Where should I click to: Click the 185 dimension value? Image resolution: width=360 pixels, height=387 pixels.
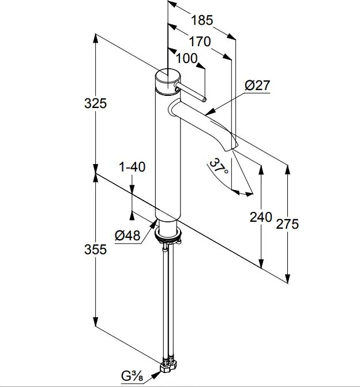click(202, 20)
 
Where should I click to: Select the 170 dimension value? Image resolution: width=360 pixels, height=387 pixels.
click(200, 42)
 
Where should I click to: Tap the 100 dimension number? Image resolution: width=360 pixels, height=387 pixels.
click(187, 58)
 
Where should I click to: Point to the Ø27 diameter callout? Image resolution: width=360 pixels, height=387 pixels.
click(257, 85)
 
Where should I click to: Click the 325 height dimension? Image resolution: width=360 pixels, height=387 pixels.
click(95, 103)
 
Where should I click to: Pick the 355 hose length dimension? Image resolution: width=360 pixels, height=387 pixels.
click(95, 250)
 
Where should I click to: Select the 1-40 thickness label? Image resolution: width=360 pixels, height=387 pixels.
click(133, 167)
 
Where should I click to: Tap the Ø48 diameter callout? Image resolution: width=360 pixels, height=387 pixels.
click(127, 235)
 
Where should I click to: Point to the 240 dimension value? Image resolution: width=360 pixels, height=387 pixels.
click(261, 217)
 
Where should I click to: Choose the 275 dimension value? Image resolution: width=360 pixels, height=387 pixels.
click(287, 224)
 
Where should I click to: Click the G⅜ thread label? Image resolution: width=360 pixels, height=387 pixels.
click(132, 377)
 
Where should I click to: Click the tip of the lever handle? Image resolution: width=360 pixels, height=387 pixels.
click(204, 99)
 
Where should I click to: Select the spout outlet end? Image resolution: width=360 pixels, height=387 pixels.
click(232, 148)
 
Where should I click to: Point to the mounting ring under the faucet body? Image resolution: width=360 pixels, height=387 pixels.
click(168, 235)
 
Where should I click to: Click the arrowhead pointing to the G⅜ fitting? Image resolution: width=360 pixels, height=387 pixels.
click(156, 375)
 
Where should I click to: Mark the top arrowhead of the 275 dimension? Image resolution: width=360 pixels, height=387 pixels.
click(287, 170)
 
